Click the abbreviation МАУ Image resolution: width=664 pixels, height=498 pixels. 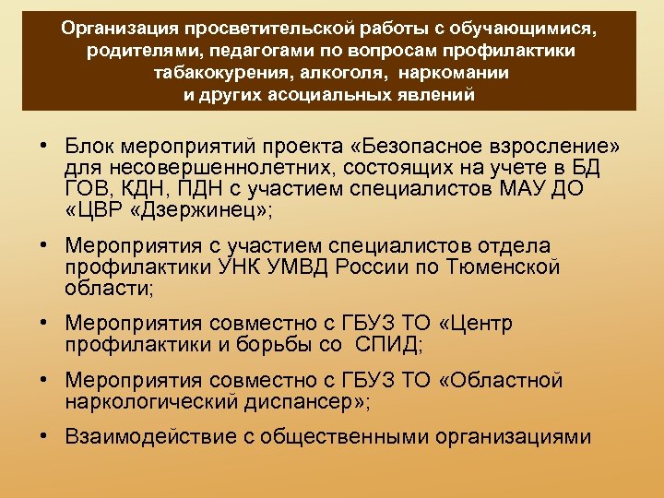[x=524, y=189]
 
